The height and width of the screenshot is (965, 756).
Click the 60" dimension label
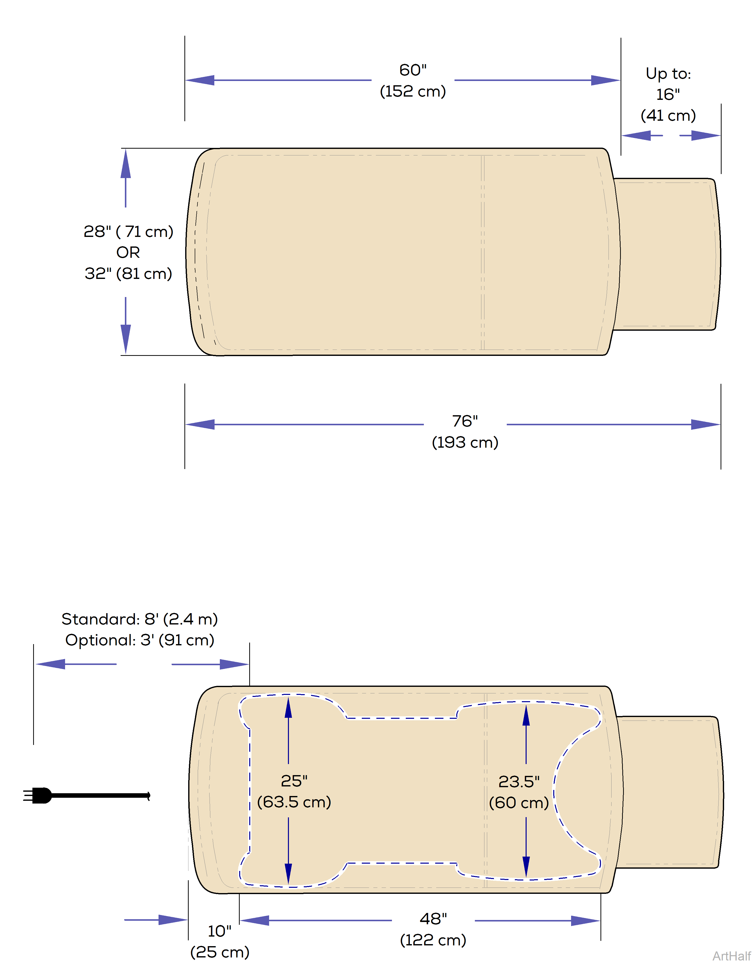pos(413,70)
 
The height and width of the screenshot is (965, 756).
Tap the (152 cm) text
pos(413,91)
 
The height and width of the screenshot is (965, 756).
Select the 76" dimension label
pos(465,421)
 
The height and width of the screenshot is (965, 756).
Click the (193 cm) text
pos(465,442)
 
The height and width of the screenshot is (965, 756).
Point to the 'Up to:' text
pos(668,73)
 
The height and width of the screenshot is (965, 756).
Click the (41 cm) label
pos(668,116)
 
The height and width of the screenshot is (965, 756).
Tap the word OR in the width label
pos(128,253)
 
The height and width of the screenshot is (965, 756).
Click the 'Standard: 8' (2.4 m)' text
pos(139,619)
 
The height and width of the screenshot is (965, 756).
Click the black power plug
pos(40,795)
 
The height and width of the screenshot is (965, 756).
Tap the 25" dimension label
pos(294,781)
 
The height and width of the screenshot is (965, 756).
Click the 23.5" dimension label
pos(519,782)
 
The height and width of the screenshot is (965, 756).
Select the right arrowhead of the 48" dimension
pos(585,921)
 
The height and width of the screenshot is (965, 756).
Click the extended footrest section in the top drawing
pos(666,254)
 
